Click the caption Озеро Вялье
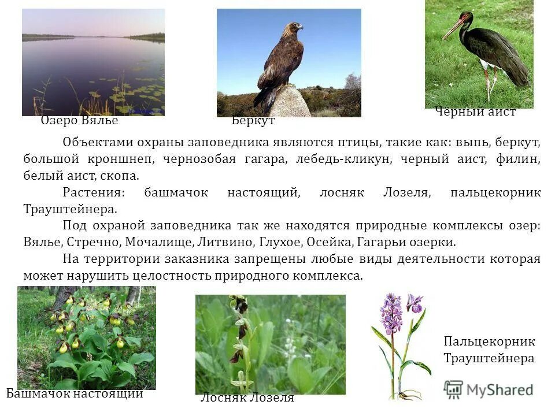[x=79, y=121]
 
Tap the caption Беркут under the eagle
[x=253, y=121]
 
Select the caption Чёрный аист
[x=475, y=112]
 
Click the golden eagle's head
[x=295, y=28]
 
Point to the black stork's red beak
[x=453, y=29]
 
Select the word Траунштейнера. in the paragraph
[x=71, y=209]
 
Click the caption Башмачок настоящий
[x=75, y=395]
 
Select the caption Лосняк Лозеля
[x=247, y=398]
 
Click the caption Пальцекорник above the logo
[x=489, y=341]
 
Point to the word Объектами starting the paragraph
[x=94, y=142]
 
